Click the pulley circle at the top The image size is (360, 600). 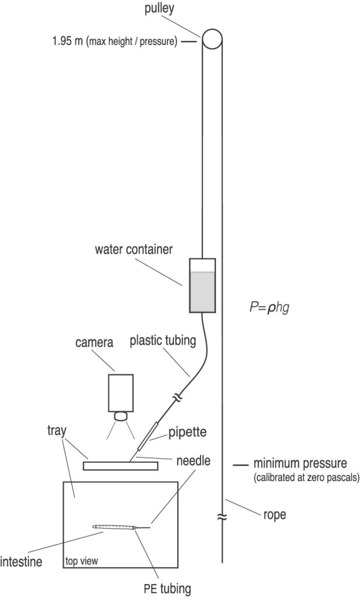tap(212, 39)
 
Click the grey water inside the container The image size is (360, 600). tap(202, 292)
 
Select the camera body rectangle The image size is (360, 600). tap(120, 392)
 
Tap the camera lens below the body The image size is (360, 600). tap(121, 417)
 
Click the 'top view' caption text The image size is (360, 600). tap(81, 561)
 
